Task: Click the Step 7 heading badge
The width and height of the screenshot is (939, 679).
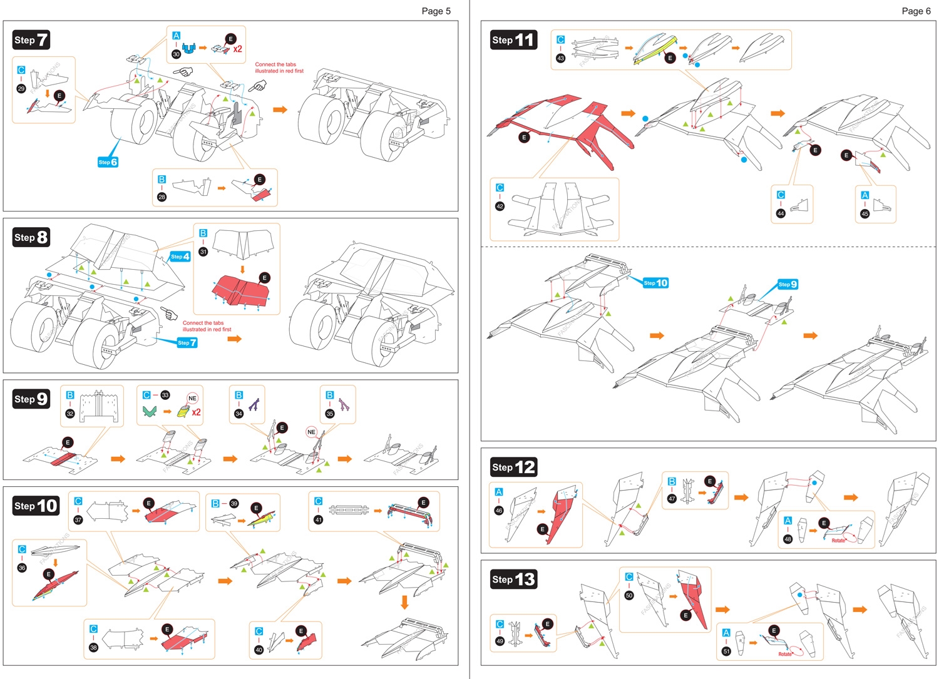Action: click(31, 40)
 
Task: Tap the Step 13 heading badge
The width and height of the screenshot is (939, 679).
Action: click(513, 579)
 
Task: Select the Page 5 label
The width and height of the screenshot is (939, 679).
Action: click(436, 11)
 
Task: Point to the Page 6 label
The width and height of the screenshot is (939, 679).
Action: click(916, 11)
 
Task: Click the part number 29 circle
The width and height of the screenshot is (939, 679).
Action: click(21, 89)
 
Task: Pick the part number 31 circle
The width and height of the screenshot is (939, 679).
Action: click(203, 252)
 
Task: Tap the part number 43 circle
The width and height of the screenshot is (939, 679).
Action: click(560, 58)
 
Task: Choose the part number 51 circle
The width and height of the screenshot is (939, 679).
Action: click(726, 651)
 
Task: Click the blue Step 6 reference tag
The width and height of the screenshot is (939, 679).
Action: click(108, 162)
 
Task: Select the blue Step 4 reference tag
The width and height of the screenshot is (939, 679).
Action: click(180, 257)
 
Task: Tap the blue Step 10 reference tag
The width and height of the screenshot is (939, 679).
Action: click(655, 283)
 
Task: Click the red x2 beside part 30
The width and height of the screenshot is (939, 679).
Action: click(237, 49)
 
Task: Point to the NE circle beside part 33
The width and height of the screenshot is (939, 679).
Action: click(192, 398)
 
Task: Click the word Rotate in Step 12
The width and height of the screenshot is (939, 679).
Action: click(838, 540)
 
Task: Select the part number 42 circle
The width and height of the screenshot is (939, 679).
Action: click(500, 206)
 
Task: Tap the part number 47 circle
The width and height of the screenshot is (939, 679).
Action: click(672, 499)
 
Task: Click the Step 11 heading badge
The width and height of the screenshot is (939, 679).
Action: click(513, 40)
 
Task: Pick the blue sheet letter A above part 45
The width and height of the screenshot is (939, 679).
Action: click(865, 195)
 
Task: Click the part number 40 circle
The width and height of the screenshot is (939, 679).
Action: click(259, 650)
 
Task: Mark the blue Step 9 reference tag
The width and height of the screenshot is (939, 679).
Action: click(788, 284)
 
